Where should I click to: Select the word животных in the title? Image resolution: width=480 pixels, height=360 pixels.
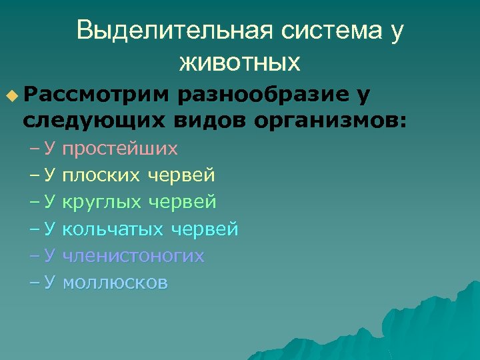239,63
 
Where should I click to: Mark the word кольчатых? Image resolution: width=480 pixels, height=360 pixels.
113,230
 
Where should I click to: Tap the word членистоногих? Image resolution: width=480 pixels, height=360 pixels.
133,257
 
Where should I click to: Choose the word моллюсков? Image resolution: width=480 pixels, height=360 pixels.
115,283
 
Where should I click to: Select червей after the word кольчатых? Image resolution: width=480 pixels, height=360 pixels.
205,230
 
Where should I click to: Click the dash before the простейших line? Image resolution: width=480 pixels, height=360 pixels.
33,148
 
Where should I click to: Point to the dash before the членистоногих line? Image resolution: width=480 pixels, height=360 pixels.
33,257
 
